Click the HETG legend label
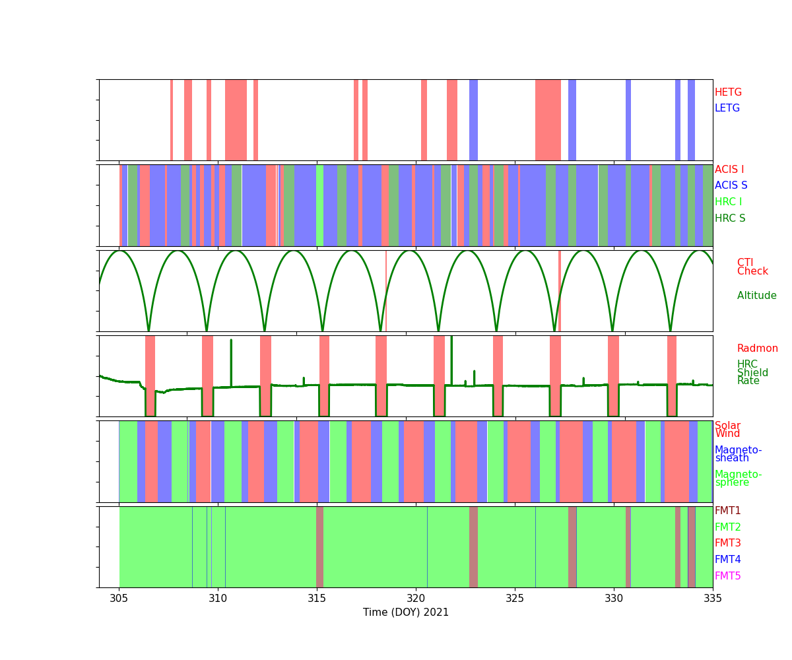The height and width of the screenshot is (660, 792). pyautogui.click(x=728, y=92)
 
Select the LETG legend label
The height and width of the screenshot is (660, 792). pyautogui.click(x=727, y=108)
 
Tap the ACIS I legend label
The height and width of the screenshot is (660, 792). pyautogui.click(x=729, y=170)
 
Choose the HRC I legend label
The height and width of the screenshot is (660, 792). pyautogui.click(x=728, y=202)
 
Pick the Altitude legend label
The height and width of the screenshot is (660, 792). pyautogui.click(x=756, y=296)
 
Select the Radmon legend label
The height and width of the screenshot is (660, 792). pyautogui.click(x=757, y=348)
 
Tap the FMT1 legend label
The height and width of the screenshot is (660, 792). pyautogui.click(x=727, y=511)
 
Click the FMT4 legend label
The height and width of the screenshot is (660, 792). pyautogui.click(x=727, y=560)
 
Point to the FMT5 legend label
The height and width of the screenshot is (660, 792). pyautogui.click(x=727, y=576)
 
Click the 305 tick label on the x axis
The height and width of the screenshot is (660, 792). pyautogui.click(x=119, y=599)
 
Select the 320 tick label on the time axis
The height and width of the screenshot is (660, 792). pyautogui.click(x=416, y=599)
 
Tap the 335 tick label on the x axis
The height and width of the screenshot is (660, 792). pyautogui.click(x=713, y=599)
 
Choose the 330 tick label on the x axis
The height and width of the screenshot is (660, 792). pyautogui.click(x=614, y=599)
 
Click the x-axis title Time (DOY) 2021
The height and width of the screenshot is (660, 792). pyautogui.click(x=406, y=612)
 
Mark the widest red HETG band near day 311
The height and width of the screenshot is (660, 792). pyautogui.click(x=236, y=120)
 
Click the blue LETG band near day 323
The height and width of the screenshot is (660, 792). pyautogui.click(x=473, y=120)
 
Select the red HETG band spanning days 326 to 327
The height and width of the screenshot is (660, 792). pyautogui.click(x=548, y=120)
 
